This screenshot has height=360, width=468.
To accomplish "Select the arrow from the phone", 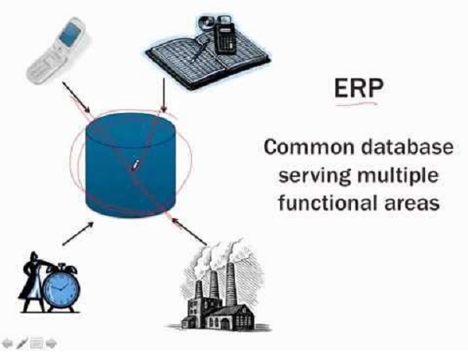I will coord(78,95).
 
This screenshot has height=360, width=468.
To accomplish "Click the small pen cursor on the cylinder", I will coord(135,165).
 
